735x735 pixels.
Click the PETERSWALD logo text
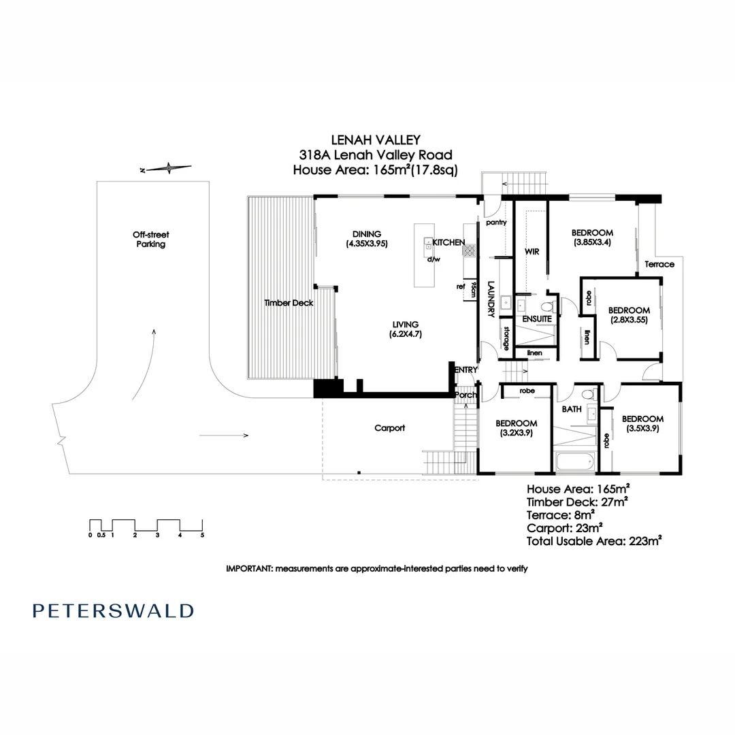pyautogui.click(x=113, y=610)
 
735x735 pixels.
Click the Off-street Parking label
pyautogui.click(x=150, y=239)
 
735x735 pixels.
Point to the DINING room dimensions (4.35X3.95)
pyautogui.click(x=367, y=243)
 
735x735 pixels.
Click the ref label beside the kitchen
pyautogui.click(x=461, y=287)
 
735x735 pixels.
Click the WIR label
pyautogui.click(x=532, y=252)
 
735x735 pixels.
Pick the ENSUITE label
pyautogui.click(x=536, y=318)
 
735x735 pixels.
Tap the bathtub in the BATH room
pyautogui.click(x=575, y=462)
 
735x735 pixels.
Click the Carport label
pyautogui.click(x=390, y=428)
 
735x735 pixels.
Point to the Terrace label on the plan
pyautogui.click(x=659, y=264)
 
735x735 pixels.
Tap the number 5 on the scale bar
pyautogui.click(x=202, y=535)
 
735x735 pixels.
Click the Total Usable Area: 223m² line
pyautogui.click(x=594, y=542)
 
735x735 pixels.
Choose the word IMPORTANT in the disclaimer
pyautogui.click(x=248, y=568)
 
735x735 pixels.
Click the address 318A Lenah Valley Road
pyautogui.click(x=371, y=155)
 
